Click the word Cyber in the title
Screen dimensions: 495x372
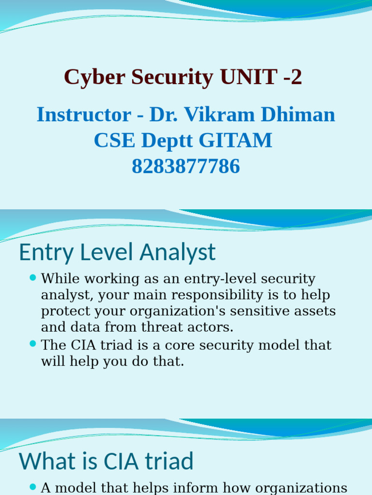[x=90, y=77]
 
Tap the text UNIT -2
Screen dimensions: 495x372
[x=261, y=77]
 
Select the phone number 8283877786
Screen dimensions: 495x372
[x=186, y=166]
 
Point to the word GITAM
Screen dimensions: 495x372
[x=236, y=141]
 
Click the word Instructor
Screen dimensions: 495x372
[x=84, y=115]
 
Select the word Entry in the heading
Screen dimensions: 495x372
[x=41, y=253]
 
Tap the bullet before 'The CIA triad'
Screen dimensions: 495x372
[x=33, y=344]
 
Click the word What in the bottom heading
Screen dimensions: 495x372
[x=45, y=461]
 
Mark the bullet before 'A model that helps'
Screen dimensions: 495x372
[x=33, y=486]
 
